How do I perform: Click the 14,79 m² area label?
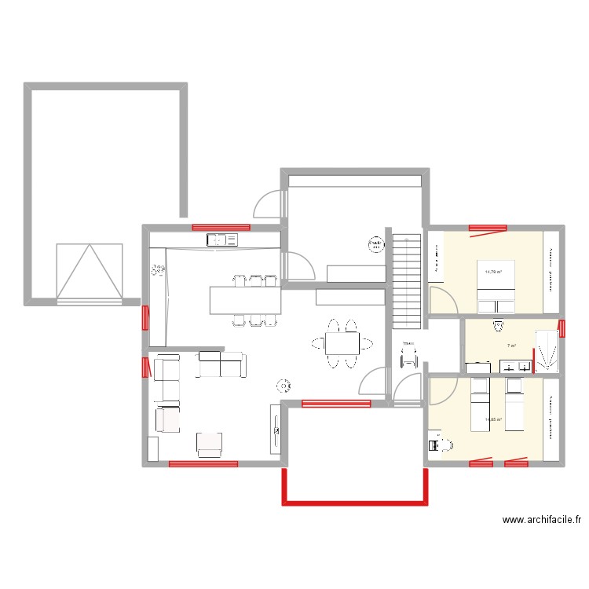pos(493,273)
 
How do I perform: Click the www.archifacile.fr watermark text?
pos(541,520)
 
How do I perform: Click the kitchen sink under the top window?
pos(221,240)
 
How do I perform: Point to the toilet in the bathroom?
pos(497,325)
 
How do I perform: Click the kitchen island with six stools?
pos(245,299)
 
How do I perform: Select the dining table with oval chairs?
pos(342,343)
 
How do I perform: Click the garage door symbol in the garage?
pos(90,273)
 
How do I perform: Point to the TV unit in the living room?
pos(275,429)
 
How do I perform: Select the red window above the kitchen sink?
pos(221,227)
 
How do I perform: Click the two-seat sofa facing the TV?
pos(221,364)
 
